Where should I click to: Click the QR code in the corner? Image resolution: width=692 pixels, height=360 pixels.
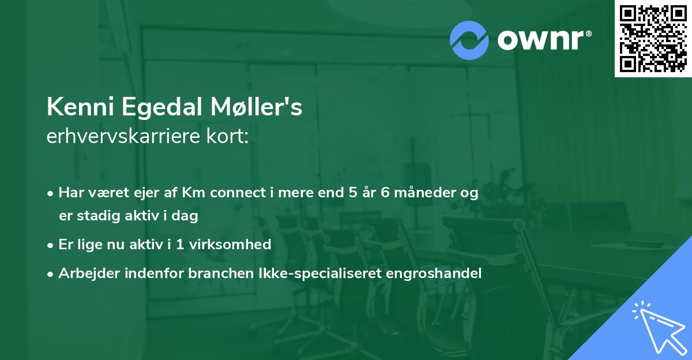click(x=653, y=38)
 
